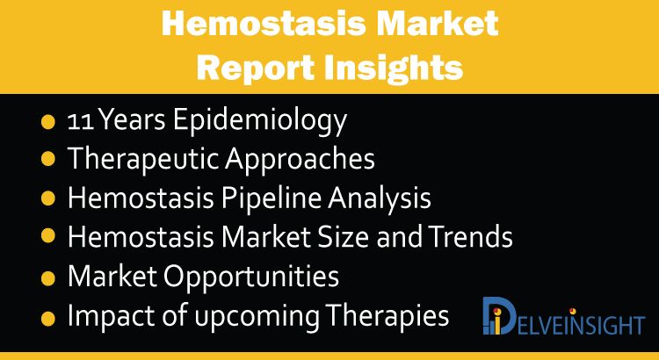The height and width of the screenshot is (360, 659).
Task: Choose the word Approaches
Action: [300, 160]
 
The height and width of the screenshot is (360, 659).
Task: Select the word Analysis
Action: [380, 198]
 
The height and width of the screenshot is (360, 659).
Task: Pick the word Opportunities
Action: [251, 277]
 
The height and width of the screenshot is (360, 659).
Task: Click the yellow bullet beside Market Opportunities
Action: [48, 278]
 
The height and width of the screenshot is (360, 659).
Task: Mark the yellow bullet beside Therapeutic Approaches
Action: [48, 159]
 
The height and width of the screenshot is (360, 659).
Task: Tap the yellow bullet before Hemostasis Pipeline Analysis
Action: [48, 198]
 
